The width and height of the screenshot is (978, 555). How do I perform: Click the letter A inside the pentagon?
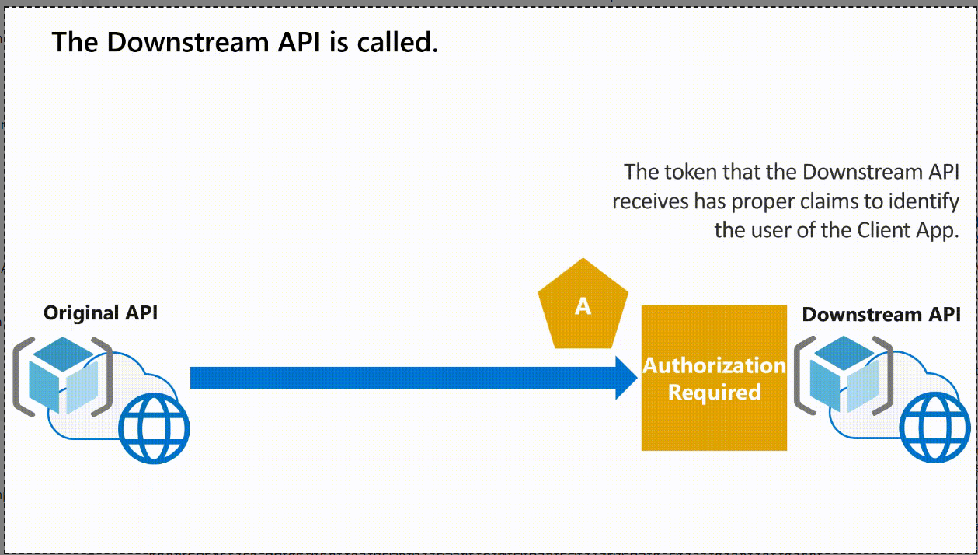(583, 306)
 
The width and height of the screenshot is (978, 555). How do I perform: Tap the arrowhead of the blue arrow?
(626, 378)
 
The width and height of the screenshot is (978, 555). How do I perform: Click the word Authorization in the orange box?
(715, 365)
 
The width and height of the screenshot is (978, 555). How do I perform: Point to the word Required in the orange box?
(715, 392)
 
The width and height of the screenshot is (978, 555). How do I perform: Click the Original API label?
(100, 313)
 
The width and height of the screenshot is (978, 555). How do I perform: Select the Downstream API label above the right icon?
(881, 314)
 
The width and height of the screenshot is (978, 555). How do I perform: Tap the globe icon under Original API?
(154, 428)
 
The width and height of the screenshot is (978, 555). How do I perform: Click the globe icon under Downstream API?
(935, 427)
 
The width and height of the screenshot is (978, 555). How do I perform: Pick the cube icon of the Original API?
(63, 375)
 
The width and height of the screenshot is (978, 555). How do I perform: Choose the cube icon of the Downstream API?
(844, 375)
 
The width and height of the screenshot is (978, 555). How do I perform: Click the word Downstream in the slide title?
(188, 43)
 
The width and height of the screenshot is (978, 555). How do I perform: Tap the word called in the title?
(397, 43)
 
